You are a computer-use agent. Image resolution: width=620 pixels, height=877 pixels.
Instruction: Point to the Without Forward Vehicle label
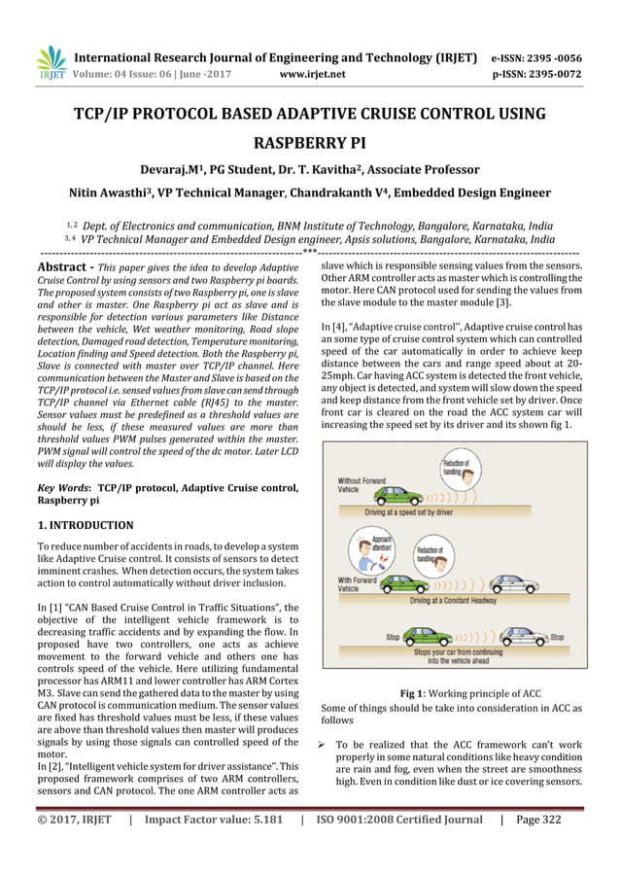362,485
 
